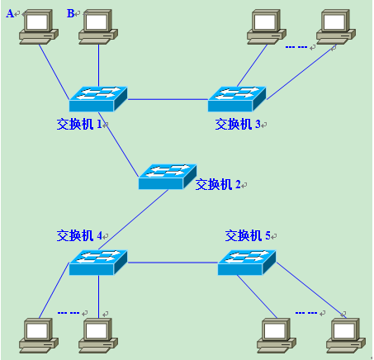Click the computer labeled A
point(38,27)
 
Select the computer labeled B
point(98,27)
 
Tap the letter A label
point(11,13)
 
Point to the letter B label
point(70,13)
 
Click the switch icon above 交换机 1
point(98,99)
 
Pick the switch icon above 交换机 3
point(237,99)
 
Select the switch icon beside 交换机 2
point(167,176)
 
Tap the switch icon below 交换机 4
point(98,262)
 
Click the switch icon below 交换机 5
point(247,262)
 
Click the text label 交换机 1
point(79,124)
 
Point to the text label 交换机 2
point(217,184)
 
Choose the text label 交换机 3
point(238,124)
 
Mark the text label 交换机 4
point(79,235)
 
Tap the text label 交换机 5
point(249,235)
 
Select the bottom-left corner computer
point(38,334)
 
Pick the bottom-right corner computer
point(345,334)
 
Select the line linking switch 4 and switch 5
point(173,263)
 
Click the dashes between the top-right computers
point(296,47)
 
